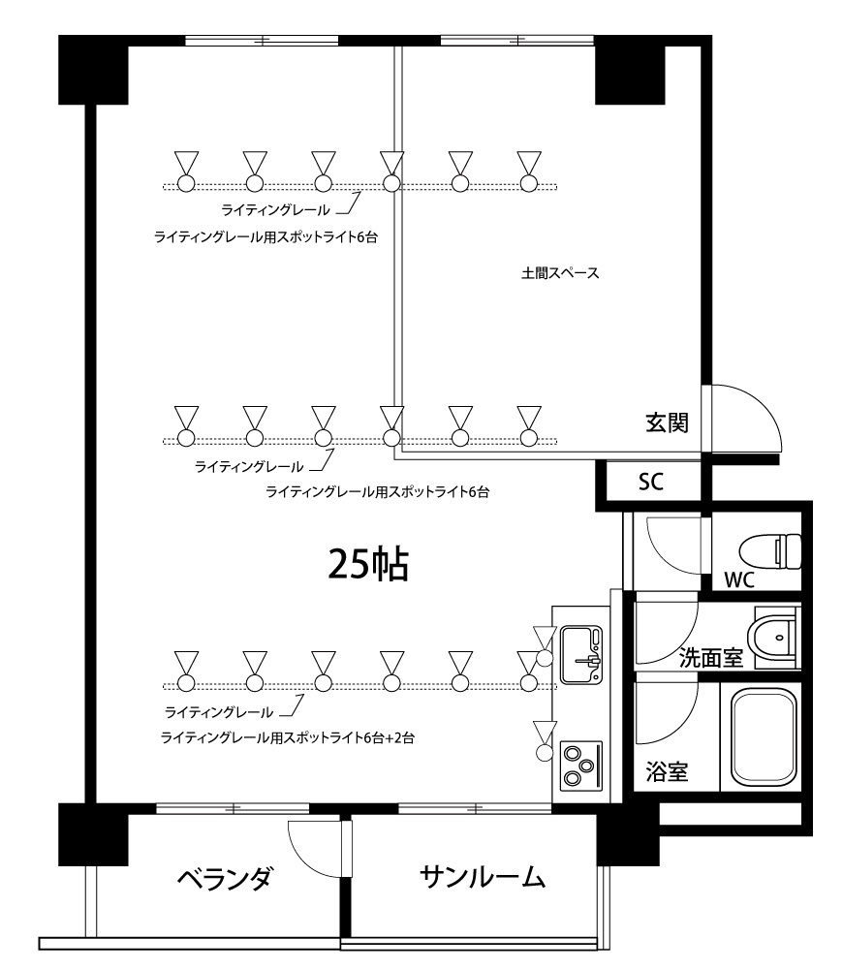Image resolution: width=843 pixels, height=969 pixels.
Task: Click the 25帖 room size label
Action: coord(368,564)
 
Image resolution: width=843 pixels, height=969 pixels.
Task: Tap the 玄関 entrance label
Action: coord(667,422)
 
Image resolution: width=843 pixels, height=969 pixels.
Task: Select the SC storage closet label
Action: coord(651,483)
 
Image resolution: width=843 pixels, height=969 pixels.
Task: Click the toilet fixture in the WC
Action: coord(770,552)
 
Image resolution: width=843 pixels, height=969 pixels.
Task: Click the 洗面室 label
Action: coord(710,658)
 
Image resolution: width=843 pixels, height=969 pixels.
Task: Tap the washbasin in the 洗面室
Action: coord(776,637)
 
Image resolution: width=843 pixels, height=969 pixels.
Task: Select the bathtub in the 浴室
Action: coord(764,738)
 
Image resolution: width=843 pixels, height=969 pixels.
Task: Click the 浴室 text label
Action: coord(667,772)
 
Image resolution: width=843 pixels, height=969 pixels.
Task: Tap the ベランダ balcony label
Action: coord(224,880)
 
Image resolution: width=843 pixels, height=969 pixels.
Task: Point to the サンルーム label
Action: coord(483,878)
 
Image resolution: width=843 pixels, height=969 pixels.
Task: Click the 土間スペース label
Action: coord(560,273)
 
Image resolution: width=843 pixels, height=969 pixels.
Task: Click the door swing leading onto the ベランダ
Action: coord(315,848)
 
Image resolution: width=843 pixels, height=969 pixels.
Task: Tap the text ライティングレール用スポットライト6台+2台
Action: coord(288,738)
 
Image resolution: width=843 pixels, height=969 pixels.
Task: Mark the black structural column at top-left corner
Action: coord(93,70)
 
